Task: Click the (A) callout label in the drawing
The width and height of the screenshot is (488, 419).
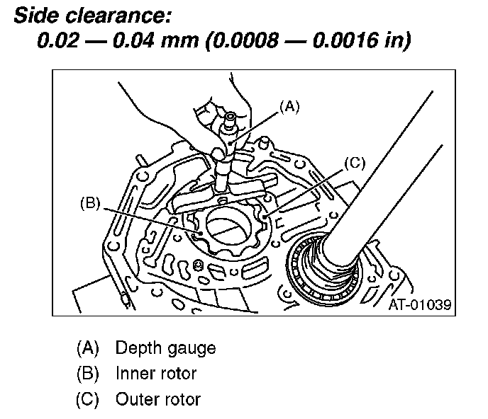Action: pos(289,106)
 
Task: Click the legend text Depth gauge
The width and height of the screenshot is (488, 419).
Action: pos(165,348)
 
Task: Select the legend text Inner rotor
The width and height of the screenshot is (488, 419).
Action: pos(155,373)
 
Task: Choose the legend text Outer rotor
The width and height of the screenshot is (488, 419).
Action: pos(157,398)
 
